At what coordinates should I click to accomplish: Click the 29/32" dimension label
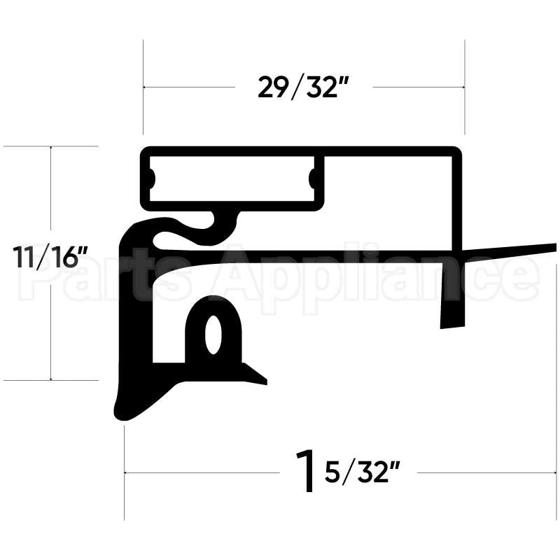click(303, 88)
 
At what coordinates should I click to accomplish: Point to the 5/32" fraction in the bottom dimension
click(361, 474)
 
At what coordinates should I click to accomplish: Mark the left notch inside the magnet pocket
click(151, 178)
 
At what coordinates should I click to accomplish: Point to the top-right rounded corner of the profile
click(456, 151)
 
